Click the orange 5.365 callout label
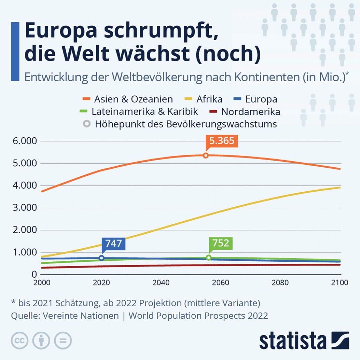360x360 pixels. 222,141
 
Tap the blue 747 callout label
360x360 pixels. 113,243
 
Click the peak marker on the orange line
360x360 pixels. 206,155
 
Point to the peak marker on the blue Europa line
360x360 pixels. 101,258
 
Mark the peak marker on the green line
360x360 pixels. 208,258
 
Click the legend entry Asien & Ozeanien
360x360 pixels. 133,99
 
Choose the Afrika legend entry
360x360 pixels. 209,99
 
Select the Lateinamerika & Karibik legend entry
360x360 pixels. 145,112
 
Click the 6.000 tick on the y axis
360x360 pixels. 24,141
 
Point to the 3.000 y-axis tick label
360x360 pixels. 24,208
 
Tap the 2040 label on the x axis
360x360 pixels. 161,283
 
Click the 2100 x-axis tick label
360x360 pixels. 340,283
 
